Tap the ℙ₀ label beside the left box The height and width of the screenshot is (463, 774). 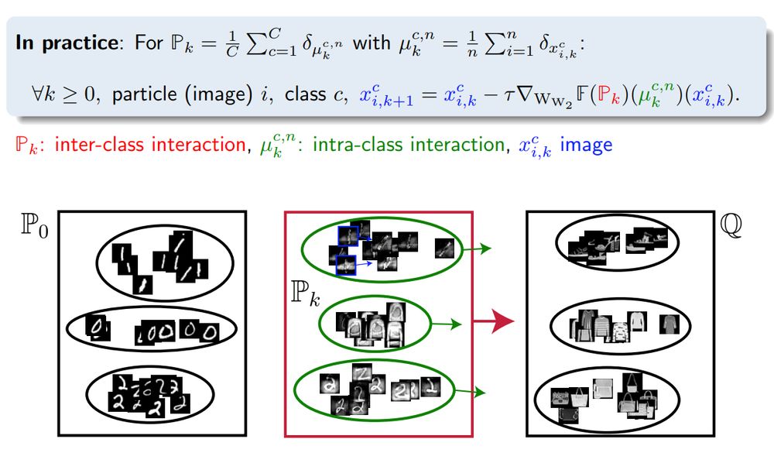tap(36, 228)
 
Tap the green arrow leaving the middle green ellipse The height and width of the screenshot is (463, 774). tap(444, 325)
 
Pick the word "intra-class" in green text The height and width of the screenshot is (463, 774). tap(357, 145)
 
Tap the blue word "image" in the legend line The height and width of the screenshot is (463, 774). tap(586, 145)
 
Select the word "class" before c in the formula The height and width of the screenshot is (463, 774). tap(304, 95)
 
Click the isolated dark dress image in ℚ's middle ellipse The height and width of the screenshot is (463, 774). tap(668, 324)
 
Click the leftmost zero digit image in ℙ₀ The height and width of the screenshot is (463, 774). tap(94, 327)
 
